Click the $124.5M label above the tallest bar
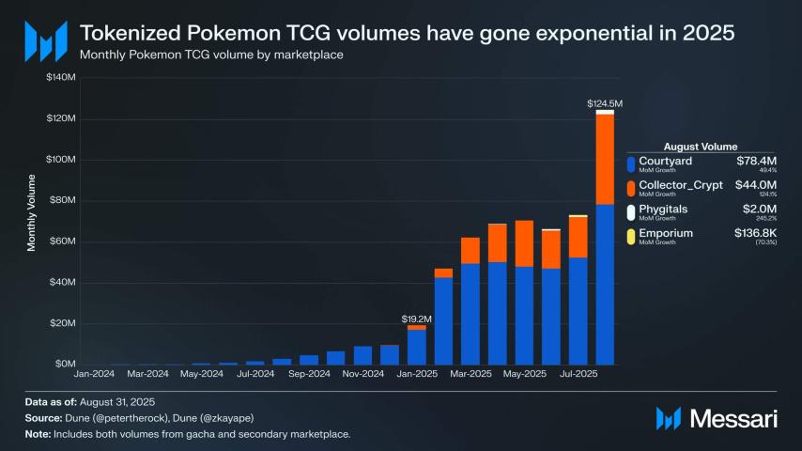pos(605,102)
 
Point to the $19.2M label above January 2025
pos(416,319)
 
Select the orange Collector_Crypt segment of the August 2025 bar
pos(605,159)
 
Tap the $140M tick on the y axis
pos(60,78)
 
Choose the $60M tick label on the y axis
pos(62,241)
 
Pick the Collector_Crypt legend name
pos(680,185)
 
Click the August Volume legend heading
pos(700,147)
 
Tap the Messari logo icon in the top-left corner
pos(46,39)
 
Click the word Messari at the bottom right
pos(733,418)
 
